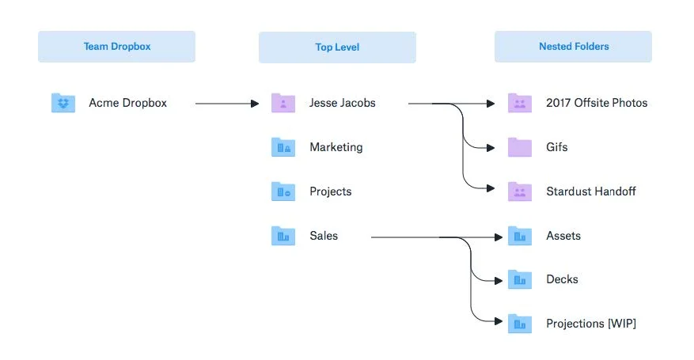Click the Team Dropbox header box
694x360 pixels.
coord(116,47)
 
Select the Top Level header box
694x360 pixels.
coord(337,47)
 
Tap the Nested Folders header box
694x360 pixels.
coord(573,47)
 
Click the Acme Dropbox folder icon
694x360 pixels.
coord(63,103)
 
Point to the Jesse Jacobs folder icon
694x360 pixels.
coord(283,103)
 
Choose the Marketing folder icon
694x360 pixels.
coord(283,147)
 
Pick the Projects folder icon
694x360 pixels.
coord(283,191)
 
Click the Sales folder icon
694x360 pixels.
coord(283,235)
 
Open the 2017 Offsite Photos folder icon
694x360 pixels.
coord(520,103)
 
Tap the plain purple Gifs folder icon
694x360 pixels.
coord(520,147)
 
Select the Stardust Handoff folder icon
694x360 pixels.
coord(520,191)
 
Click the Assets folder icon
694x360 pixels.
coord(520,235)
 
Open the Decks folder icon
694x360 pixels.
coord(520,279)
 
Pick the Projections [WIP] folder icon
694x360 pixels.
coord(520,324)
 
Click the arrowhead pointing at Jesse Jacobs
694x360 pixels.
coord(255,104)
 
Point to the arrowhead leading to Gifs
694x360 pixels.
coord(491,148)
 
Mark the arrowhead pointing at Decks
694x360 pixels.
coord(499,280)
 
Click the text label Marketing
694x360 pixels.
coord(336,147)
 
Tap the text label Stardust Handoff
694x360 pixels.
coord(591,191)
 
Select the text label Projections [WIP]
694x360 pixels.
coord(591,324)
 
